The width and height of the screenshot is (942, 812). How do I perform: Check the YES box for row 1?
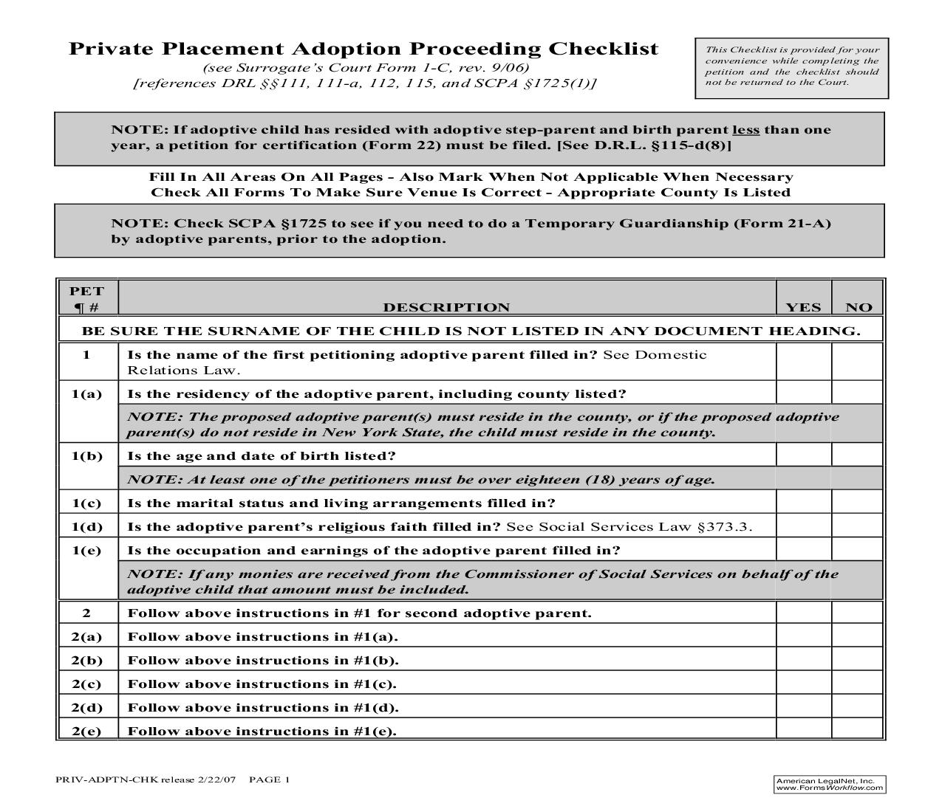804,362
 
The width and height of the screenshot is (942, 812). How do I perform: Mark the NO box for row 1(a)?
857,393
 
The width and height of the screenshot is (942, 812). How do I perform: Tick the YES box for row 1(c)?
804,503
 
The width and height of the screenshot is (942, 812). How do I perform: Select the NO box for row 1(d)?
857,526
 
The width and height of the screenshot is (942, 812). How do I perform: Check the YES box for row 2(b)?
804,660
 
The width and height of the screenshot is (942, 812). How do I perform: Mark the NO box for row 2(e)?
857,730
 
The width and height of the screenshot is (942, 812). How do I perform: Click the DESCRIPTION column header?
446,307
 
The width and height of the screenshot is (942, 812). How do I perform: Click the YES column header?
803,307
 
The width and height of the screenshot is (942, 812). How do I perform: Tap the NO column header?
858,307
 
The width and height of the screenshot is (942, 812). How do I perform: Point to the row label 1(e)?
87,551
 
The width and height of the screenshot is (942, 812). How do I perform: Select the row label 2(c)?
87,684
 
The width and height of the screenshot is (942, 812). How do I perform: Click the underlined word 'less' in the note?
745,130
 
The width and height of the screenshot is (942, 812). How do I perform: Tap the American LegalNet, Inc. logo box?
830,784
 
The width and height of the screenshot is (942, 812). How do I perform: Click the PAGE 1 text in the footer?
270,780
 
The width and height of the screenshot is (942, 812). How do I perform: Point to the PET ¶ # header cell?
87,299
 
